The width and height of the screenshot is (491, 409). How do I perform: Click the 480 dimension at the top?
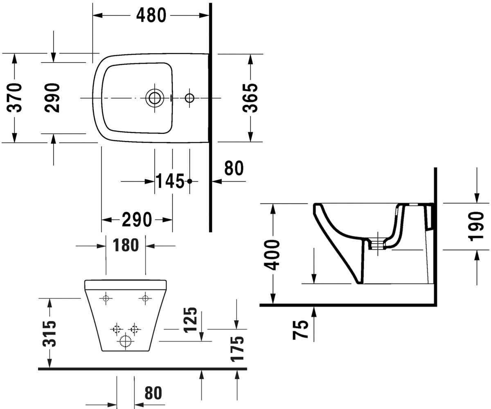151,16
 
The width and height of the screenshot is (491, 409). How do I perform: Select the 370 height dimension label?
15,98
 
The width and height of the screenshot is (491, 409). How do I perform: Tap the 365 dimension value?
250,98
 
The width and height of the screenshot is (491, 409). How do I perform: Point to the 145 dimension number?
170,181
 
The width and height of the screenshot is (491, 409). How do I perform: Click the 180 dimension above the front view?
126,245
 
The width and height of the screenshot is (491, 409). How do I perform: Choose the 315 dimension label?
49,334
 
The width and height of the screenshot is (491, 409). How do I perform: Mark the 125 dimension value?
190,320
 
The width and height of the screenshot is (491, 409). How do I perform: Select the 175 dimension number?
237,348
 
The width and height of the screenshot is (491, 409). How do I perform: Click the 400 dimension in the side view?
272,255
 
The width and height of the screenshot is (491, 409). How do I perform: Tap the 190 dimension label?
476,227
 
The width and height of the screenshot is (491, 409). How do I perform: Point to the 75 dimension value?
300,330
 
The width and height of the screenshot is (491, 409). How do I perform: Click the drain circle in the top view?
155,98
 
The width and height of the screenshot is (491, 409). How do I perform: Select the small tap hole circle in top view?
189,98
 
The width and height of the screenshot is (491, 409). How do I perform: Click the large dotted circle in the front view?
125,341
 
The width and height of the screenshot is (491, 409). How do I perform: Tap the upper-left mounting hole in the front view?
106,299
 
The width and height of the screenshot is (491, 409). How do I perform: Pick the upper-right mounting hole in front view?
145,299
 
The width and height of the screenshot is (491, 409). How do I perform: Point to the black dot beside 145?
189,181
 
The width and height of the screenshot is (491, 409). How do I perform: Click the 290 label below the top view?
137,220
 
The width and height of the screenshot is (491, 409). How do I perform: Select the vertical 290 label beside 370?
52,98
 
